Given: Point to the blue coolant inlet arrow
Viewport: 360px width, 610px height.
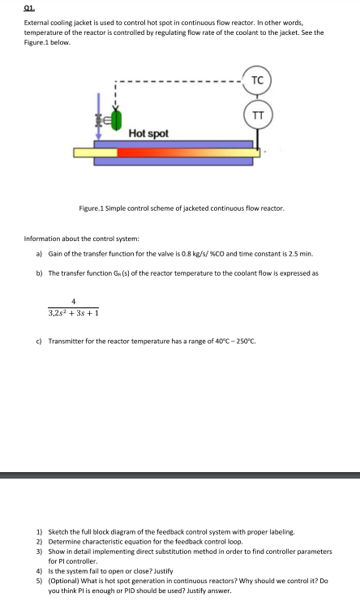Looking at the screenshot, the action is pos(100,104).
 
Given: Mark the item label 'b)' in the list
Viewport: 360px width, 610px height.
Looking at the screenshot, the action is pos(39,273).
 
